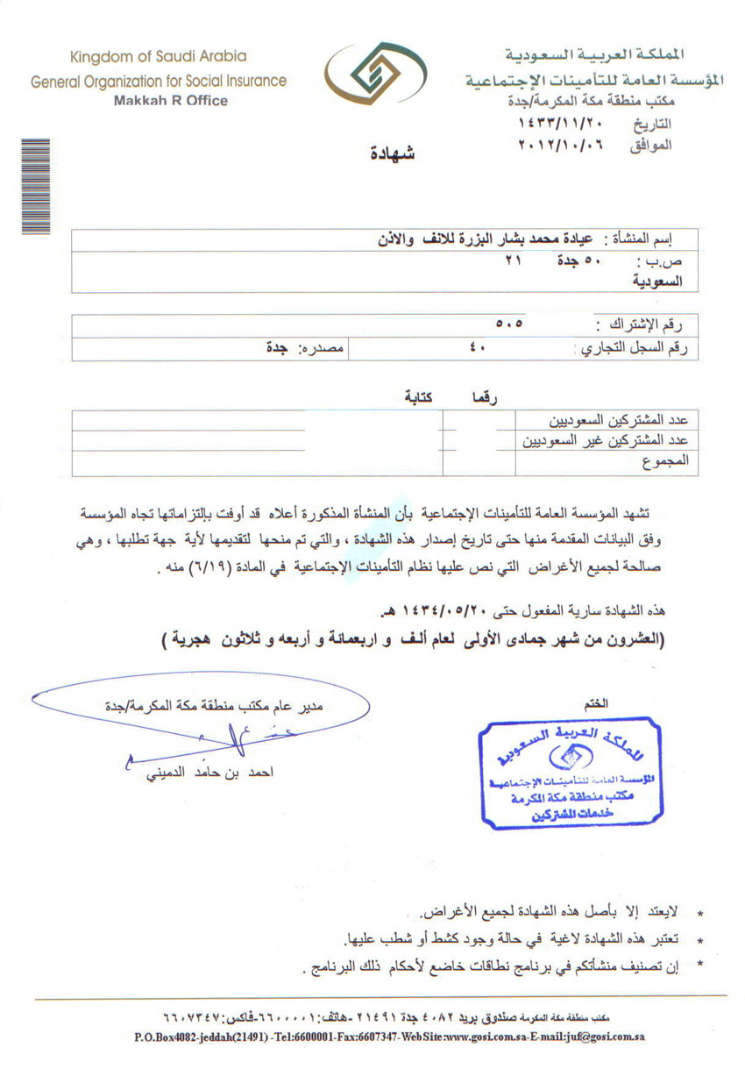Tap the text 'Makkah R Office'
[171, 101]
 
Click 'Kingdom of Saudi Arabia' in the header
[159, 57]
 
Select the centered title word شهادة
[391, 155]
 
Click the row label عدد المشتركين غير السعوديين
[605, 439]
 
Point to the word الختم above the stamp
[594, 702]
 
